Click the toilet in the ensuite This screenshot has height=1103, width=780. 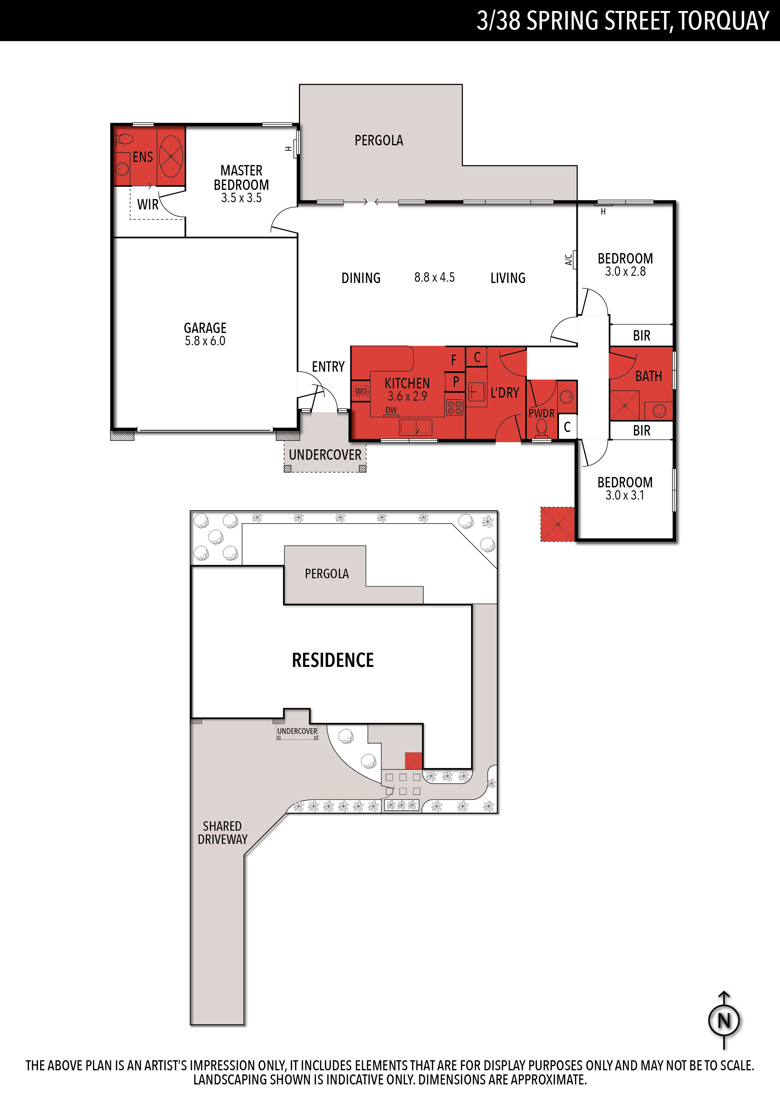click(x=124, y=139)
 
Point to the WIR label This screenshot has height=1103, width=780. click(x=148, y=205)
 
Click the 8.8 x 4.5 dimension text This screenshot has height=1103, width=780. click(x=434, y=277)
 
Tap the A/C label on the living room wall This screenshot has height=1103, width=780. click(x=569, y=260)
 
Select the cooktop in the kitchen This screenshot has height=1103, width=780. click(x=454, y=407)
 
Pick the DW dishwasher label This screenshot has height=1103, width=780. click(x=391, y=410)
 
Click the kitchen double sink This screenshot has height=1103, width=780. click(x=416, y=427)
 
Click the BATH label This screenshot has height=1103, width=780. click(x=649, y=376)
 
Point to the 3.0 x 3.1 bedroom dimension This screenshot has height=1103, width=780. click(x=625, y=495)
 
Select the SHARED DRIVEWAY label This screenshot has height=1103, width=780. click(x=222, y=833)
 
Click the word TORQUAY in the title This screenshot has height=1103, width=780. click(x=724, y=21)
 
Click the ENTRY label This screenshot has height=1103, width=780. click(x=328, y=367)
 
